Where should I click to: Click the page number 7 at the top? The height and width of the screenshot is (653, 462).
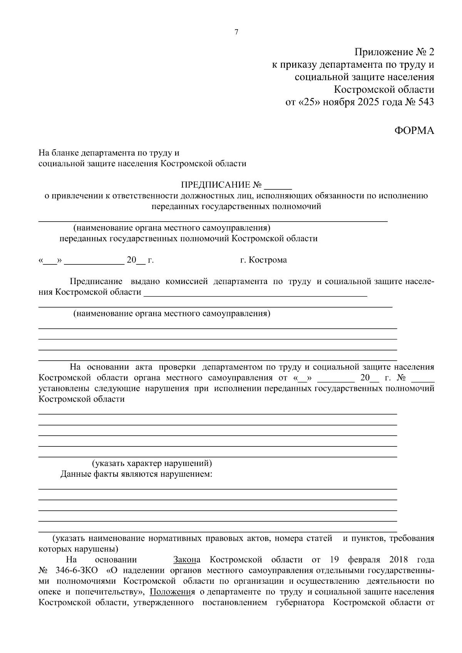tap(236, 32)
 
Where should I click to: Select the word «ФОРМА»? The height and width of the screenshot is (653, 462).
tap(414, 131)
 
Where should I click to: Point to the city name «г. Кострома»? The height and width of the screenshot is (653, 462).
tap(263, 260)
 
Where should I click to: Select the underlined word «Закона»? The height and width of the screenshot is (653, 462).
tap(187, 559)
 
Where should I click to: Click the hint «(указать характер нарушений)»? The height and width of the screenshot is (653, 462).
tap(152, 463)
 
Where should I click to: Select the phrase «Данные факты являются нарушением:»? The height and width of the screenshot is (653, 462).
tap(136, 474)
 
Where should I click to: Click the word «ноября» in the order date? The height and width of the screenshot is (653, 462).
tap(338, 102)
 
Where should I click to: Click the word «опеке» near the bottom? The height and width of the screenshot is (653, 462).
tap(49, 591)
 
